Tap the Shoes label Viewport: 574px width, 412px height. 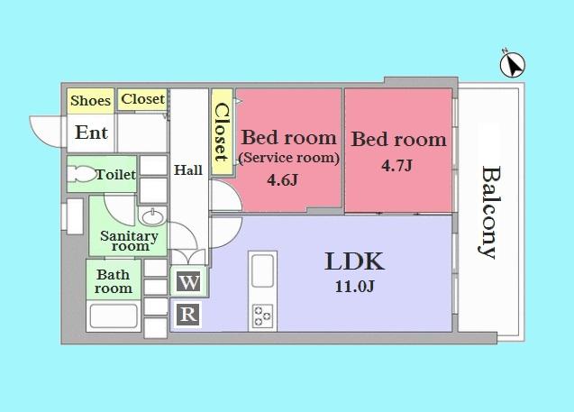point(90,100)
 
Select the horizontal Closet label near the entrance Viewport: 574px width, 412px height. point(142,99)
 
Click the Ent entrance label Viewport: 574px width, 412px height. point(91,133)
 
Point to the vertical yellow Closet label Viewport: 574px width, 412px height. point(220,132)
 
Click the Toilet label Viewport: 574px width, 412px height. point(116,174)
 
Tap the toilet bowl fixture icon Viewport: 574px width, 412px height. point(82,175)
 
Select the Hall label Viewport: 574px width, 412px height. point(188,169)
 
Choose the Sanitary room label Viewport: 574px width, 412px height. point(129,241)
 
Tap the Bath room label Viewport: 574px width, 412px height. point(114,281)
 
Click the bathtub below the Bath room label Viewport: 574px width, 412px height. point(114,318)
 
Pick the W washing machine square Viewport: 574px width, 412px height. point(189,282)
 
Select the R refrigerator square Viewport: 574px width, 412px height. point(188,314)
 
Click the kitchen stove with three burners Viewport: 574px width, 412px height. point(262,316)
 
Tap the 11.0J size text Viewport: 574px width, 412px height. point(355,288)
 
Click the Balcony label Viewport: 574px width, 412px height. point(488,211)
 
